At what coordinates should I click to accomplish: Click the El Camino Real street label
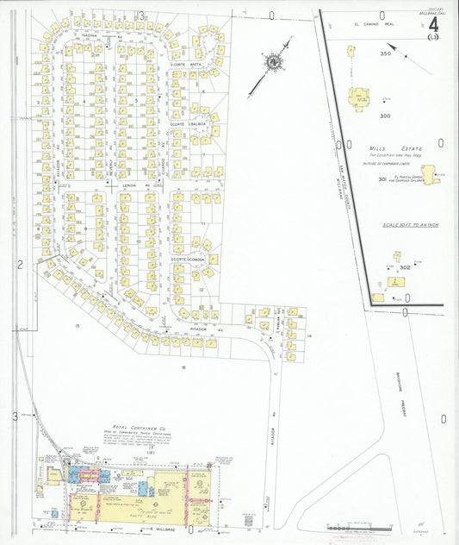(380, 25)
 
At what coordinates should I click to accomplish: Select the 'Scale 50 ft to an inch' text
(404, 224)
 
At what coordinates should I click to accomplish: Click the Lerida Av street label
(130, 185)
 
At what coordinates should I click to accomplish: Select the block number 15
(77, 325)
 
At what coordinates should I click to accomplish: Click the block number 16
(183, 367)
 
